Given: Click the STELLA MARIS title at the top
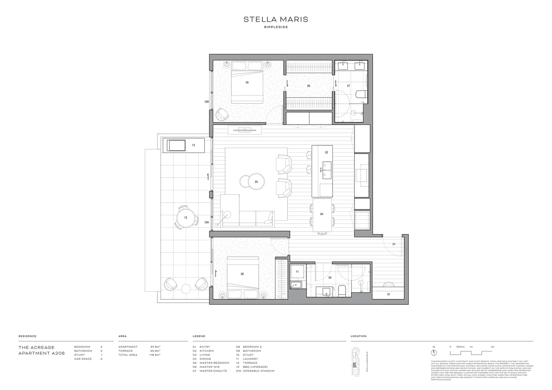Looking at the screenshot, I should point(276,19).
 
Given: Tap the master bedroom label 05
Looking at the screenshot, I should point(247,83).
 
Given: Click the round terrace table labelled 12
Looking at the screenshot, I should point(186,218).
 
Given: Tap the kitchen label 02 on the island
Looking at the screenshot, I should point(326,152).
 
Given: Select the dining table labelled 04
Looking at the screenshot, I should point(322,214).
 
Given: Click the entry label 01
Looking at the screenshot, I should point(394,244).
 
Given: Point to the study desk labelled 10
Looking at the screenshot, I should point(388,294).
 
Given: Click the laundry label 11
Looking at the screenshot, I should point(297,272).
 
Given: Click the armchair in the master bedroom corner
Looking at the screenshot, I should point(222,115).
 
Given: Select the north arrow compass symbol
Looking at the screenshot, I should point(434,352).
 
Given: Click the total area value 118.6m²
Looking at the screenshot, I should point(155,355).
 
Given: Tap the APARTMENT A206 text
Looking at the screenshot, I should point(42,353).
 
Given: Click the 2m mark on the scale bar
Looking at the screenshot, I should point(492,347).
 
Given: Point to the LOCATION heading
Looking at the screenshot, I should point(358,336).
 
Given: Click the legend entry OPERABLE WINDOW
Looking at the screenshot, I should point(259,371).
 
